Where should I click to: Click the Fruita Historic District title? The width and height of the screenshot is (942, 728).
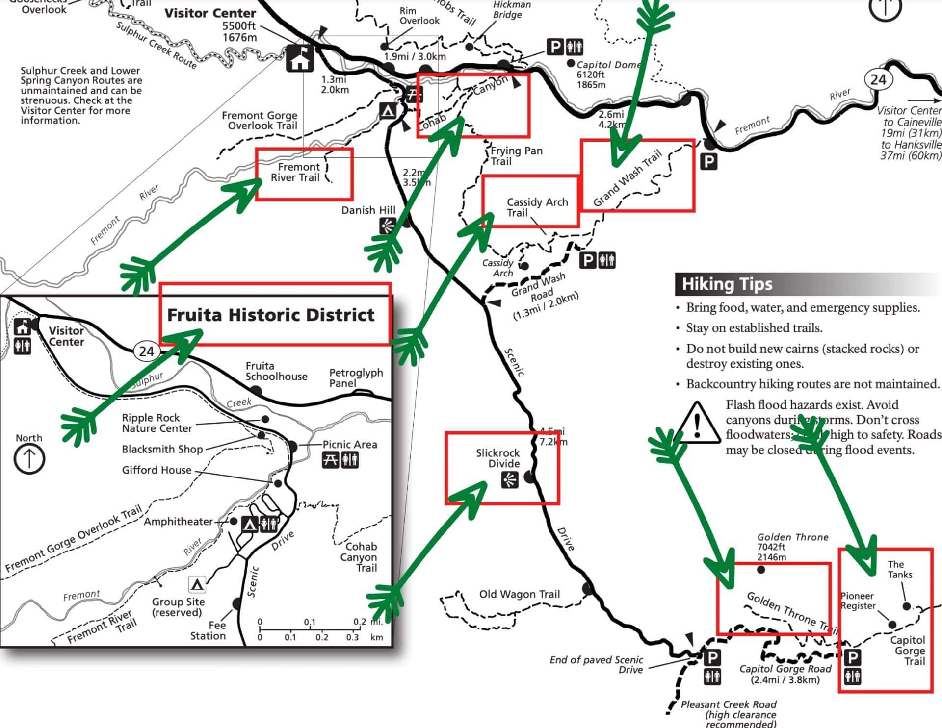click(x=271, y=315)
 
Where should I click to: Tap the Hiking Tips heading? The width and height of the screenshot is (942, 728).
click(x=727, y=284)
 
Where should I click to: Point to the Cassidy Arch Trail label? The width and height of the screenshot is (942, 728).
click(x=537, y=207)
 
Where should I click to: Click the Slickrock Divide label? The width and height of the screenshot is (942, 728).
click(x=497, y=458)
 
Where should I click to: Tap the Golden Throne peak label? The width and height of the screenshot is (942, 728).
click(x=792, y=537)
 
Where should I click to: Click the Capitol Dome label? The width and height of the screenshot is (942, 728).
click(x=608, y=65)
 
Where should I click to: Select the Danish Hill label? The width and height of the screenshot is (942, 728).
click(x=368, y=210)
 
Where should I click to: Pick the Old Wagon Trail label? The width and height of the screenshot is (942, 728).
click(x=519, y=594)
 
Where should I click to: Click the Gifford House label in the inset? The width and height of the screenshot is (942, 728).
click(x=157, y=470)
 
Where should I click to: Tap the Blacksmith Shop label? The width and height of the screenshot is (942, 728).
click(x=162, y=449)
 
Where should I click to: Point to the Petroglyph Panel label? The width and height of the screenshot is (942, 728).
click(x=355, y=377)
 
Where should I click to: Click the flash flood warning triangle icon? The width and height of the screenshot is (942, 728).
click(x=697, y=423)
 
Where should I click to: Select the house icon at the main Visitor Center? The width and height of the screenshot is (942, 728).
click(x=300, y=58)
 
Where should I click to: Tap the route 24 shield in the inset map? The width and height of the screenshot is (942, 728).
click(x=146, y=351)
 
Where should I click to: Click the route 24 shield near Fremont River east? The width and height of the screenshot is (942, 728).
click(x=878, y=79)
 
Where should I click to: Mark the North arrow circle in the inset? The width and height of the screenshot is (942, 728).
click(x=29, y=459)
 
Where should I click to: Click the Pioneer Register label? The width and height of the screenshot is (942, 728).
click(x=858, y=601)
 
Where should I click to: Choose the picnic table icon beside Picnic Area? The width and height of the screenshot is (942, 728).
click(x=330, y=460)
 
